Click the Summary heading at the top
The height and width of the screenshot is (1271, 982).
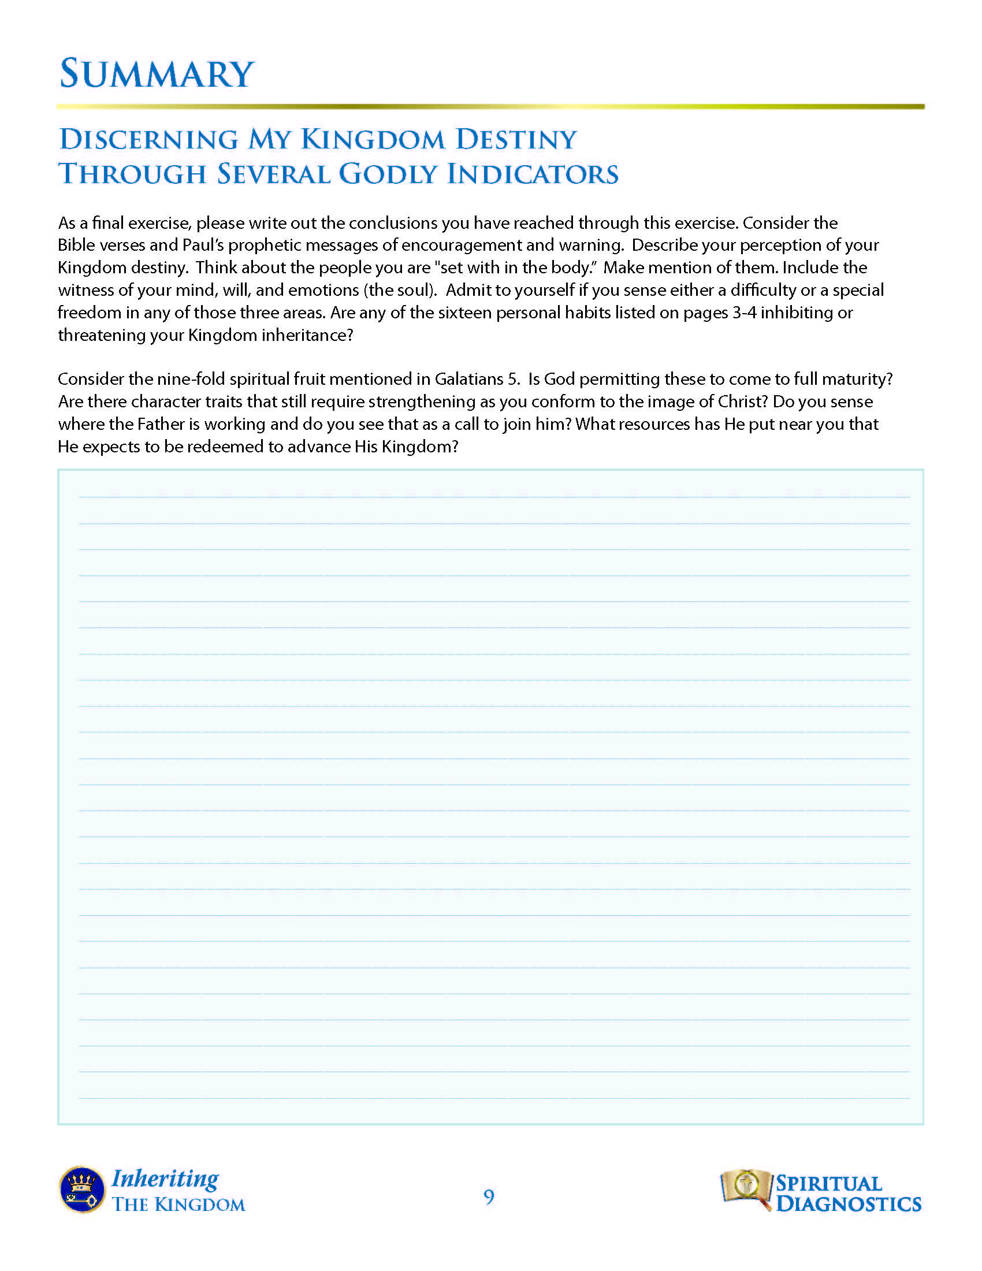(157, 74)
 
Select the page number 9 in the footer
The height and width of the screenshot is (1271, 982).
(489, 1197)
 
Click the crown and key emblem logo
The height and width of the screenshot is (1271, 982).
(82, 1189)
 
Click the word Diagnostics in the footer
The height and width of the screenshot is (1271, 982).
(848, 1203)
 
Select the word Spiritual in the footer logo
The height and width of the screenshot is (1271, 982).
(828, 1183)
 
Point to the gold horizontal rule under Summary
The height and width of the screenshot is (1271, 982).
(490, 106)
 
